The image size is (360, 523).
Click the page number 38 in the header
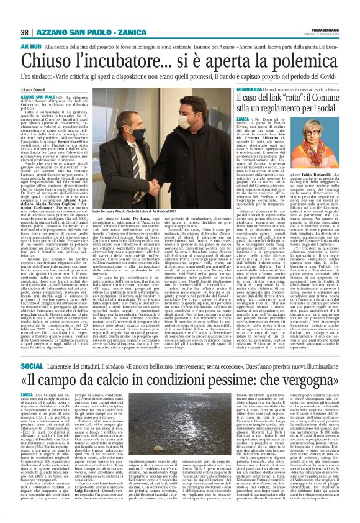[x=25, y=32]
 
